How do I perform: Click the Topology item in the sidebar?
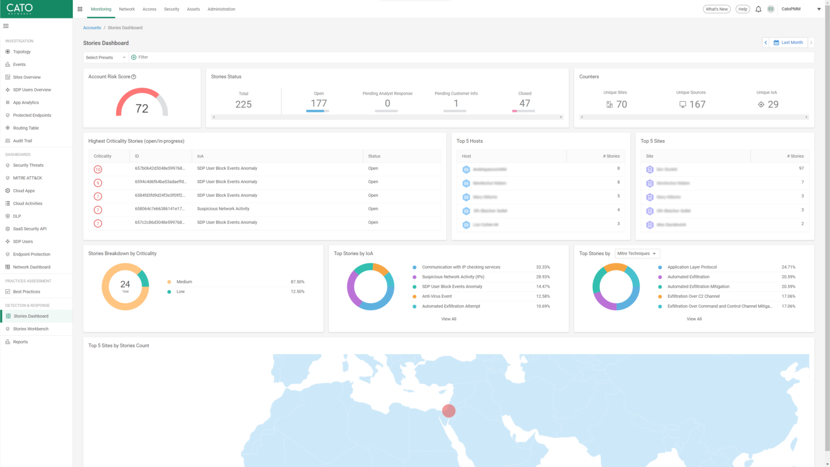point(22,52)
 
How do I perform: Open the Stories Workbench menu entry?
point(31,329)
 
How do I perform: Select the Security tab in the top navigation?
point(171,9)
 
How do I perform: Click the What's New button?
point(717,9)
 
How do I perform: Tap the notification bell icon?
point(758,9)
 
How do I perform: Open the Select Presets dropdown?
point(105,57)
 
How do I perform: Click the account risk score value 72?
point(142,109)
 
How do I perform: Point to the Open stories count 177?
point(318,103)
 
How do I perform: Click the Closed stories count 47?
point(525,103)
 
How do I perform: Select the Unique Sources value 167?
point(697,104)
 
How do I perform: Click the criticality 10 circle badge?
point(98,169)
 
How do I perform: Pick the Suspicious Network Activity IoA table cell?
point(223,209)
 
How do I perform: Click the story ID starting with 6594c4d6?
point(160,182)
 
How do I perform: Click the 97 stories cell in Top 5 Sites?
point(801,169)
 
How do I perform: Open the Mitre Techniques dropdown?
point(637,253)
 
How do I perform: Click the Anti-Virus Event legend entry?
point(437,296)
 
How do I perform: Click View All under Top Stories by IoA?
point(449,319)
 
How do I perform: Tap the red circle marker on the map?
point(449,411)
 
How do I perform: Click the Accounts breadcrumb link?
point(92,28)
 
